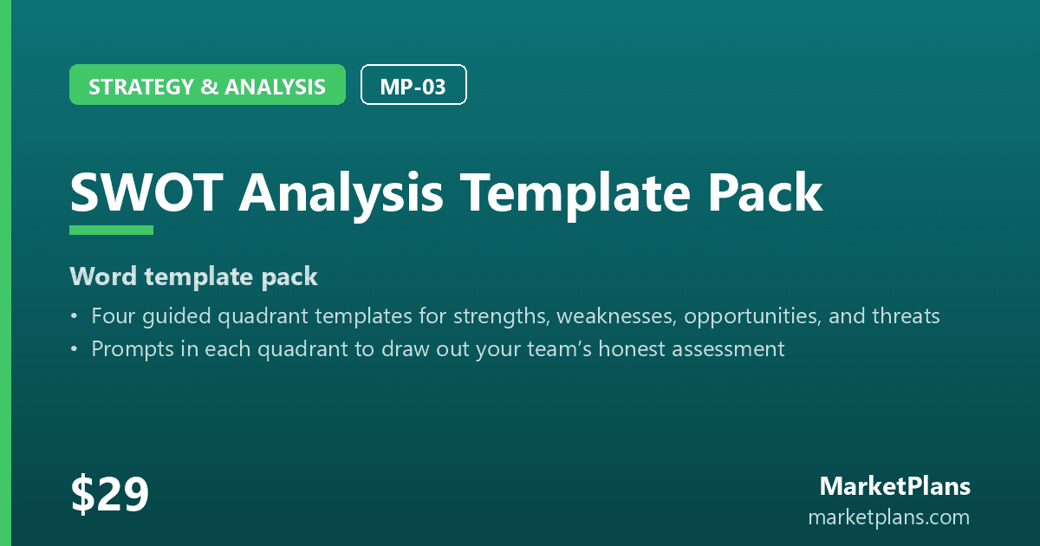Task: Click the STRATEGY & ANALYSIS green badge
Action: coord(207,85)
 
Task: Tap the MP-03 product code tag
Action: coord(413,85)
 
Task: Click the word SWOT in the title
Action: coord(146,192)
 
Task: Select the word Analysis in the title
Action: coord(341,194)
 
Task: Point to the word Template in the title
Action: coord(576,194)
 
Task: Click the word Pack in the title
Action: coord(765,192)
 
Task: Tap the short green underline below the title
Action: coord(112,231)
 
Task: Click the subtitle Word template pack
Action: coord(193,277)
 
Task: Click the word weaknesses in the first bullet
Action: coord(616,316)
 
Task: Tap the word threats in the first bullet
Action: coord(906,316)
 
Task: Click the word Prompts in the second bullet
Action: coord(133,350)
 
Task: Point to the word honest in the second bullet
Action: coord(632,349)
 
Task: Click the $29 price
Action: coord(109,493)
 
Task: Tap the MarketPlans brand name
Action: coord(895,486)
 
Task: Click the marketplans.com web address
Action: coord(889,517)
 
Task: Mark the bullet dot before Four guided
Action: coord(75,316)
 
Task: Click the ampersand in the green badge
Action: coord(210,87)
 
